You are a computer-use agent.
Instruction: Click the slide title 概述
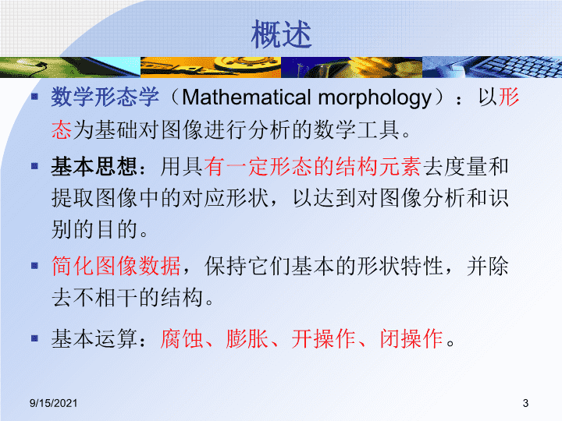281,34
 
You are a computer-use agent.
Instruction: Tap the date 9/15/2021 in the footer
53,403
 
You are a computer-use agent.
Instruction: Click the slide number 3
525,403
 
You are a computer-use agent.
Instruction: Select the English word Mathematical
247,97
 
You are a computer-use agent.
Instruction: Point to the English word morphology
375,98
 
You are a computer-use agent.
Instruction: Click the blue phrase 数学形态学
105,97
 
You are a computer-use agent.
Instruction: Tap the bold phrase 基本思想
94,167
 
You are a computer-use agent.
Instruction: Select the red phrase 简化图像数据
116,266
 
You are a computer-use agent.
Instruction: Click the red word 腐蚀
182,338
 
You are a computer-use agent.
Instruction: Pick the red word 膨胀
247,338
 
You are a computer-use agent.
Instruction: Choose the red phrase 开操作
324,338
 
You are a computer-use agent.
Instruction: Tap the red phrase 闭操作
411,338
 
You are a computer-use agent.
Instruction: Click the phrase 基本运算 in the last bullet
94,338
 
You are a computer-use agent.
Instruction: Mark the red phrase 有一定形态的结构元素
312,167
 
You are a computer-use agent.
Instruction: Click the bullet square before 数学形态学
34,97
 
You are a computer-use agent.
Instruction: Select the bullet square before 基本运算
34,338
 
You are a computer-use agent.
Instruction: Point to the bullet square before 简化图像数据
34,266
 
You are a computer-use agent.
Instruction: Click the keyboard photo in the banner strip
492,67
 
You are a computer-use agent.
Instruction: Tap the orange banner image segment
211,67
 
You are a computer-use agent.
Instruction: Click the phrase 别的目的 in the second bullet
94,229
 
